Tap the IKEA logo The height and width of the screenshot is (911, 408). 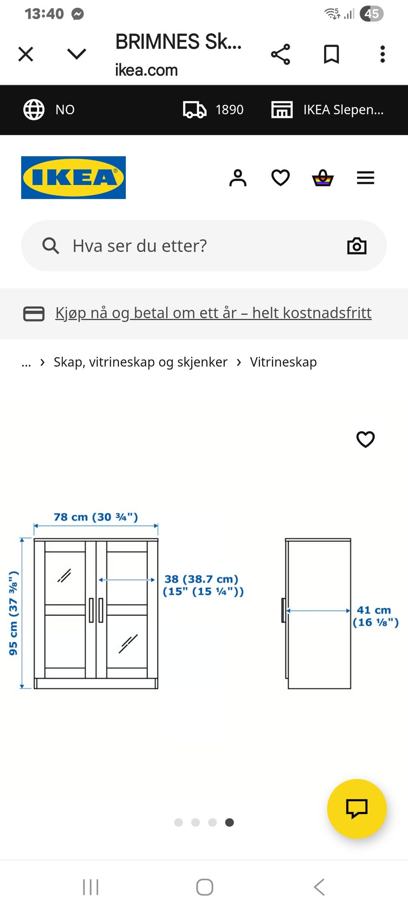(x=73, y=178)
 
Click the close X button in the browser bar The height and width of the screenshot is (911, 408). (x=26, y=54)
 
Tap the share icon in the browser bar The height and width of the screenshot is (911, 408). (x=280, y=54)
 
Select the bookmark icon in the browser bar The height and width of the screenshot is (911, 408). (x=331, y=54)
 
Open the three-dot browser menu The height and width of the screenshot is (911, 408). (x=382, y=54)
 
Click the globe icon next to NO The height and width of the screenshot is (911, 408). (x=34, y=109)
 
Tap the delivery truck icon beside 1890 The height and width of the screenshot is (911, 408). (x=195, y=109)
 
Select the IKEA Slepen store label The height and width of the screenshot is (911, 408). (x=343, y=109)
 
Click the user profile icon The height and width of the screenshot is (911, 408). (x=238, y=178)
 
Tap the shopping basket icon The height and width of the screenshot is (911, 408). (x=323, y=178)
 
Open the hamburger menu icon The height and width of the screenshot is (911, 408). (x=365, y=178)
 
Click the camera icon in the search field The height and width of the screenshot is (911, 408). (x=357, y=246)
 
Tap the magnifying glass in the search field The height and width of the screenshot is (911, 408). (x=51, y=246)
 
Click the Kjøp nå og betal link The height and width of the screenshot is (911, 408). (x=213, y=313)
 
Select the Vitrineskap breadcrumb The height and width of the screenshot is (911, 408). (x=283, y=362)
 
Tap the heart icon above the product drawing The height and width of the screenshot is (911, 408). (x=365, y=439)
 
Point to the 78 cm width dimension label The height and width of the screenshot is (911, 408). (x=96, y=517)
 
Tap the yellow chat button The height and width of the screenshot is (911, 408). (x=357, y=808)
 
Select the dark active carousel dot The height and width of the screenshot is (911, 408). (x=229, y=822)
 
